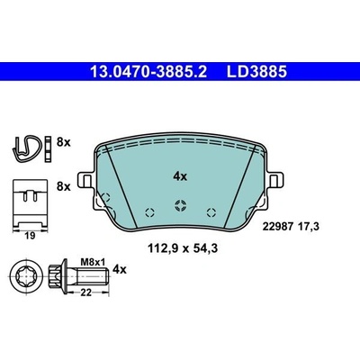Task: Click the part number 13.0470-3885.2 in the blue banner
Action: pos(148,72)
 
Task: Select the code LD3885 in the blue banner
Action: pos(256,72)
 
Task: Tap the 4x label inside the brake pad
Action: pos(180,176)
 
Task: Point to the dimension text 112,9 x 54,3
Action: pos(183,248)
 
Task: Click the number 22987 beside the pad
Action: pos(277,227)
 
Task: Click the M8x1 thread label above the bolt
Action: pos(93,263)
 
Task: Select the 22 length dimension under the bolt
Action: pos(85,292)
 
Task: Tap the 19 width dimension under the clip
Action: pos(30,236)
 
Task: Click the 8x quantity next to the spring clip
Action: pos(63,142)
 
